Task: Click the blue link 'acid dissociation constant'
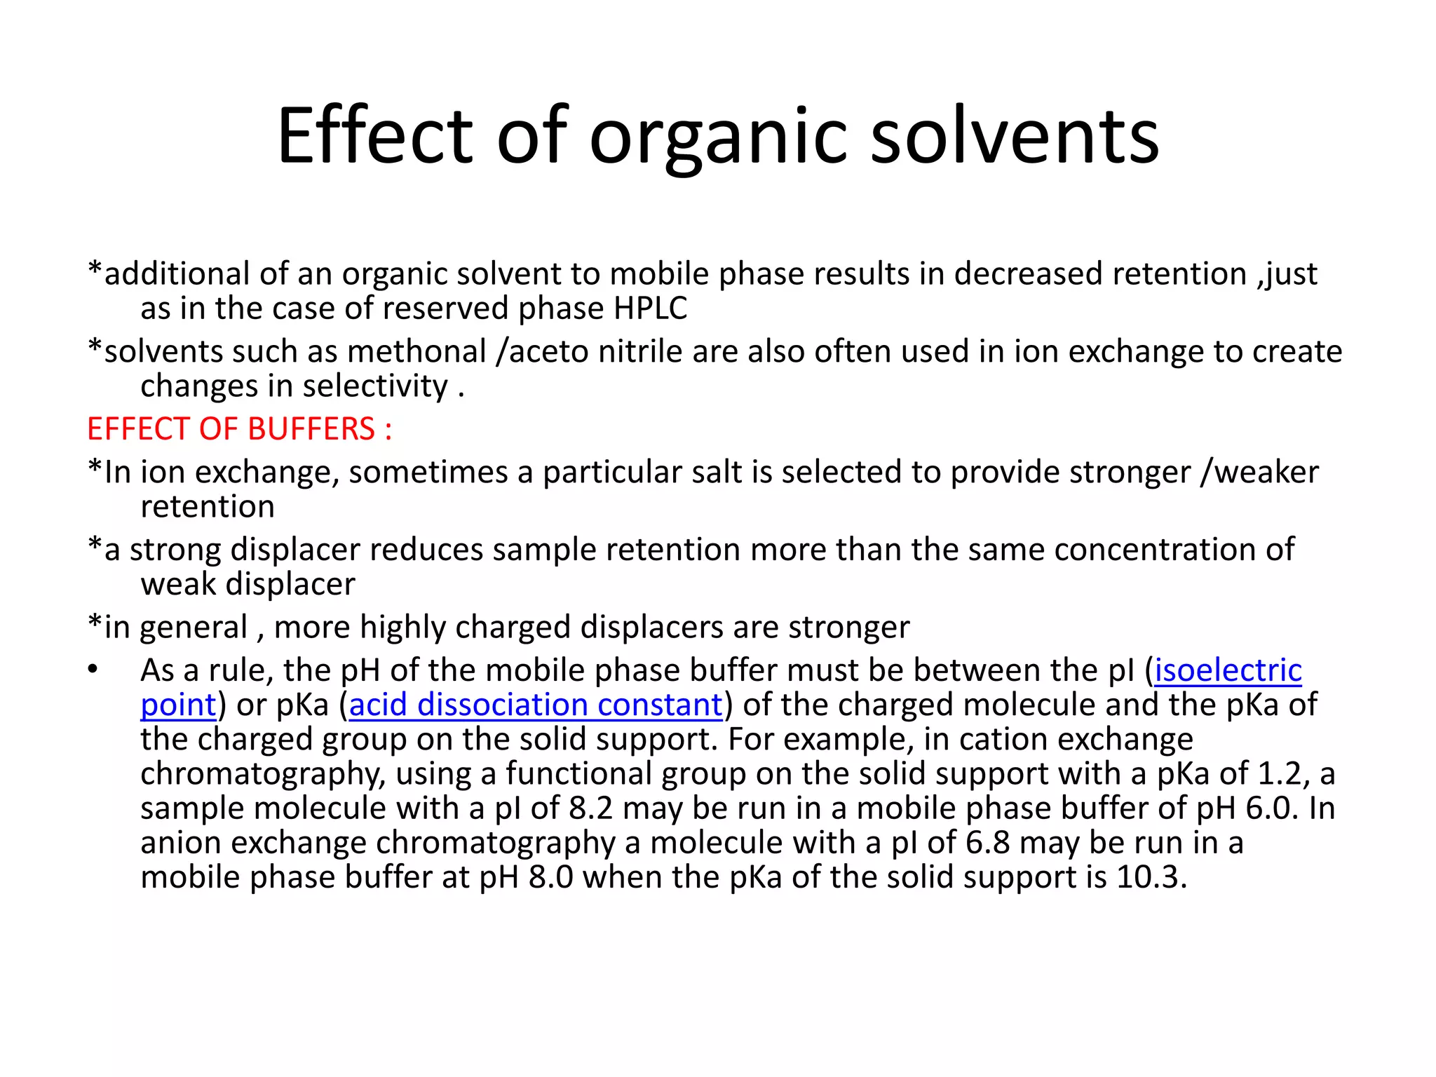(536, 705)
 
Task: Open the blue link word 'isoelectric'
(1228, 670)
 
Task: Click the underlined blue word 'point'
(178, 705)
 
